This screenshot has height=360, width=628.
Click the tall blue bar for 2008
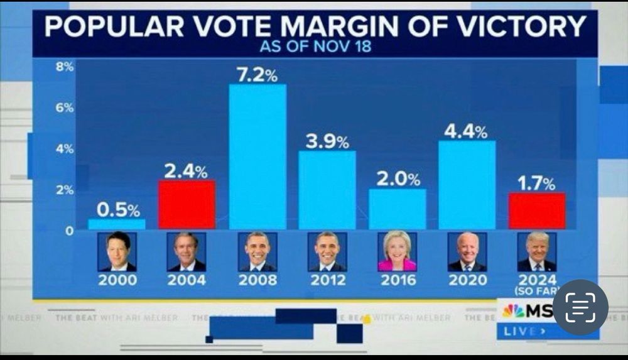[x=257, y=157]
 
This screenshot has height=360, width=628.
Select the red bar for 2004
[x=187, y=205]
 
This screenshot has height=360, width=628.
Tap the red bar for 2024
[x=537, y=211]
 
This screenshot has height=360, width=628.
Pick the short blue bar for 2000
[x=117, y=224]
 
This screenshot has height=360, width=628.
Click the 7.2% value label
[x=257, y=75]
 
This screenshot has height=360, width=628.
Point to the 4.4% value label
[x=465, y=132]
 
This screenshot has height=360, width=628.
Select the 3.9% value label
[x=327, y=142]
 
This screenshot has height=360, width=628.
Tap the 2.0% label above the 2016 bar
[x=398, y=180]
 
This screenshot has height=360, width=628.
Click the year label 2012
[x=327, y=280]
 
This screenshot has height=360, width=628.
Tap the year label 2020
[x=467, y=280]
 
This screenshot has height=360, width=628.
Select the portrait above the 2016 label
[x=397, y=251]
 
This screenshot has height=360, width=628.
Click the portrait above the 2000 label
[x=117, y=251]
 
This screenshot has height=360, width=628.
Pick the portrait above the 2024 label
[x=537, y=251]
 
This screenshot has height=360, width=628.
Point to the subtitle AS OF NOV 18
[x=315, y=47]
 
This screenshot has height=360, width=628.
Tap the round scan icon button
[x=580, y=307]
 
